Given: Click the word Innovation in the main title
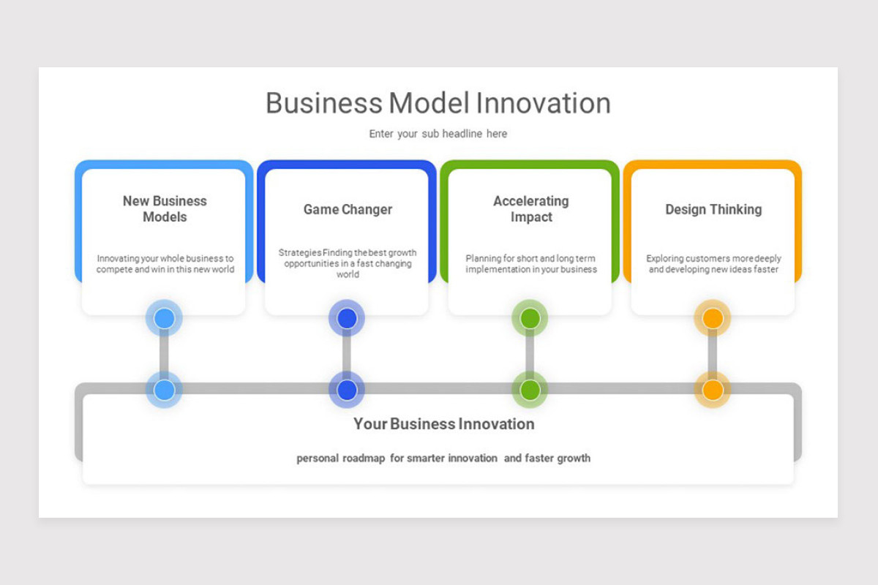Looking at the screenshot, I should click(x=543, y=103).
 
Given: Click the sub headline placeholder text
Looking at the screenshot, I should click(x=438, y=134).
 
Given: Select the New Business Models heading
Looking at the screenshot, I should click(x=165, y=209).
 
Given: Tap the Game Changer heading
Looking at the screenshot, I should click(x=348, y=209).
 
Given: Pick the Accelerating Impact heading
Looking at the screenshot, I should click(x=530, y=209).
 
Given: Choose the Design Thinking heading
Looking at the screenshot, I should click(x=713, y=209).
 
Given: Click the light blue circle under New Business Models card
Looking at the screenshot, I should click(x=164, y=318).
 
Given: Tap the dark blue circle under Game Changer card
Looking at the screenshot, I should click(x=347, y=318).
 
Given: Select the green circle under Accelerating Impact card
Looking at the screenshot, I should click(x=530, y=318).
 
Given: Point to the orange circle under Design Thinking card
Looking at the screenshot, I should click(x=713, y=318).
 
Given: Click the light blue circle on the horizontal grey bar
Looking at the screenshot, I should click(x=164, y=390).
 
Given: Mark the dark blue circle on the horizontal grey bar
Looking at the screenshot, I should click(x=347, y=390).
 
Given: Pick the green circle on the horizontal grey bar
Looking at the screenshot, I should click(x=530, y=390).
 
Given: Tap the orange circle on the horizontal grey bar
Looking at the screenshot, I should click(x=713, y=390).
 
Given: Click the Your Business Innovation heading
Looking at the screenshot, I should click(x=443, y=424).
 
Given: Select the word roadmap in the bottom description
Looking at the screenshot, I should click(x=364, y=458).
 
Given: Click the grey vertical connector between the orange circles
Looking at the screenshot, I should click(x=713, y=354).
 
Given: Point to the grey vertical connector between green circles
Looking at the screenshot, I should click(x=530, y=354).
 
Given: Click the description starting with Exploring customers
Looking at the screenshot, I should click(x=713, y=264).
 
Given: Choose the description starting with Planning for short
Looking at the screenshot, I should click(x=530, y=264).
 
